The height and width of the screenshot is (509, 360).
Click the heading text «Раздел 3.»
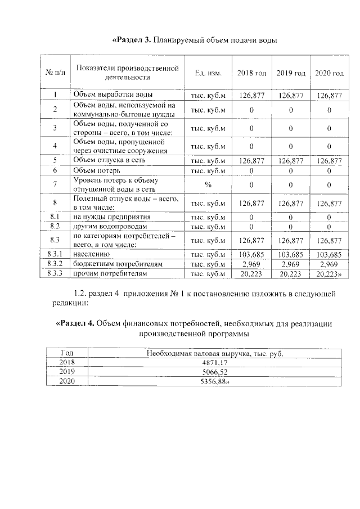click(132, 40)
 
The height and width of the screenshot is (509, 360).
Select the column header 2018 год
click(251, 74)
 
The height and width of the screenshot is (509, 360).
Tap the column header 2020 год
click(329, 74)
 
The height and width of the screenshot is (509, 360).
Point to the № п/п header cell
click(55, 74)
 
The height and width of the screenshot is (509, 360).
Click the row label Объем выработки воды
click(113, 95)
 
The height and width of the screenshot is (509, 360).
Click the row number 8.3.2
click(55, 264)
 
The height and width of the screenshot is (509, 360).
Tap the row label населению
click(92, 255)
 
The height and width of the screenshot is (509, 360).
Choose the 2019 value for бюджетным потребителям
click(290, 264)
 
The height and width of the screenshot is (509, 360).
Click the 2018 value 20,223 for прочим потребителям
click(251, 273)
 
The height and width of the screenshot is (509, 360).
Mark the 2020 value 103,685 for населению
click(329, 255)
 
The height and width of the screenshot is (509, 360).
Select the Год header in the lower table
click(67, 353)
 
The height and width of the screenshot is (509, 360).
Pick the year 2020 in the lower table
click(67, 381)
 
